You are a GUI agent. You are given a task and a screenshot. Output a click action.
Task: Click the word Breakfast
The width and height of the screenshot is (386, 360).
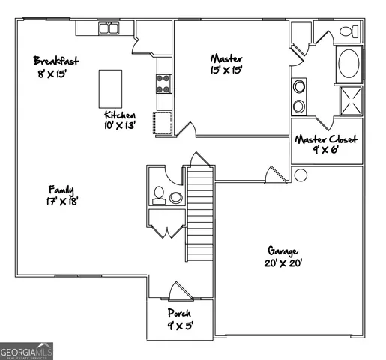click(x=56, y=60)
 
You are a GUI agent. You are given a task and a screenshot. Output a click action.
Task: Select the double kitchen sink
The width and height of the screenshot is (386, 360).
click(x=110, y=28)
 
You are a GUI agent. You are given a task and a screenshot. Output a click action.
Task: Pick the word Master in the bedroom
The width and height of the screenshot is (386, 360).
click(x=226, y=58)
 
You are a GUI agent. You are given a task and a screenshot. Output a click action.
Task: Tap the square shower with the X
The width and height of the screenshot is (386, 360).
click(x=350, y=100)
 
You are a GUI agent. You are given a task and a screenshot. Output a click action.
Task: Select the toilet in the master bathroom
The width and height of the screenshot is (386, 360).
click(x=349, y=32)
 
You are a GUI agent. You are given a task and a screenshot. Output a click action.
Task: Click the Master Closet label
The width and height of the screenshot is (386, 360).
click(x=326, y=139)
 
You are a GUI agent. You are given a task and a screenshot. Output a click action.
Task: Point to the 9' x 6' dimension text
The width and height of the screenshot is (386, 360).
click(x=326, y=151)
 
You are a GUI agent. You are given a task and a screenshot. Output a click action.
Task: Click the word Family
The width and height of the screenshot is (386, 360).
click(x=61, y=189)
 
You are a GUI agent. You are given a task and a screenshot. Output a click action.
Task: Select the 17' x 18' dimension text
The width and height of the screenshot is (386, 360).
click(x=62, y=201)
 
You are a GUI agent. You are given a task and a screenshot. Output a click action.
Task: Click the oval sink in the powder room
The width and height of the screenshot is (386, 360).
click(x=176, y=198)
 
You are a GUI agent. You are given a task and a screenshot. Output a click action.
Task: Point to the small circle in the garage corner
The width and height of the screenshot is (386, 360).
click(x=301, y=175)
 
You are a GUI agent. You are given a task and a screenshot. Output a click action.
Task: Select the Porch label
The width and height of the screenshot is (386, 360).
click(x=179, y=313)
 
